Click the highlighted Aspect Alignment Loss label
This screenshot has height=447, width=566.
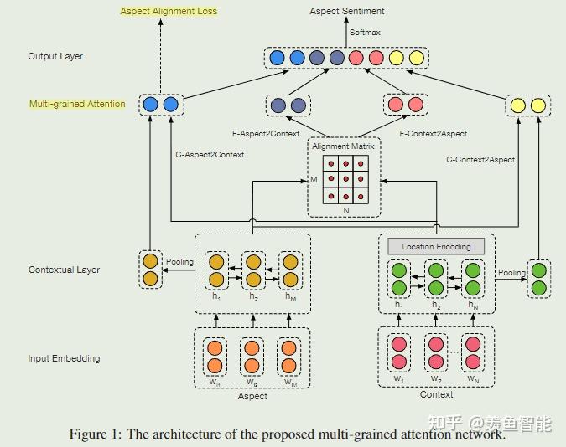(x=169, y=11)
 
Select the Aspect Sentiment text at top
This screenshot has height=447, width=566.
(x=347, y=11)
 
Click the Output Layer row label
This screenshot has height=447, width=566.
(x=55, y=57)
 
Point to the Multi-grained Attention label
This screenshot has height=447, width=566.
(x=77, y=105)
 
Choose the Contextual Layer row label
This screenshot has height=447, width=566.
(x=65, y=270)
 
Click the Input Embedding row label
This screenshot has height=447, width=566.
(x=64, y=358)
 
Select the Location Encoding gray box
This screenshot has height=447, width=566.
(x=436, y=246)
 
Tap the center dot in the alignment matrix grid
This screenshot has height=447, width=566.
(x=345, y=178)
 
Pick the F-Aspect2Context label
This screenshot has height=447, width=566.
(x=267, y=133)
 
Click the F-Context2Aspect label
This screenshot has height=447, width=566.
(x=434, y=133)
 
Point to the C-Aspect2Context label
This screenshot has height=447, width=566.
(x=209, y=156)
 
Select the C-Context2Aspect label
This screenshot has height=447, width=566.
(x=480, y=159)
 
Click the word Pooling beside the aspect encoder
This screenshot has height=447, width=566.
(x=179, y=262)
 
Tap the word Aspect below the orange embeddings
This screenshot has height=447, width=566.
(x=252, y=396)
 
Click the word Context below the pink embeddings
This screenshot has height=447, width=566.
(x=436, y=394)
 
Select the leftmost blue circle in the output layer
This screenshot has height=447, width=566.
(x=277, y=58)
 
